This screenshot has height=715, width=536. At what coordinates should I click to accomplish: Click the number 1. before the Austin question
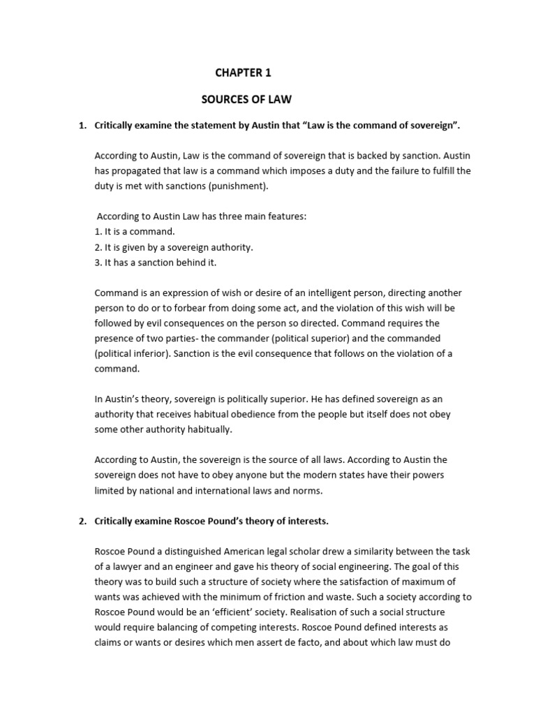(x=82, y=126)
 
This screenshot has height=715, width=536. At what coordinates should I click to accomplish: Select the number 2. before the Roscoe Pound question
(x=82, y=522)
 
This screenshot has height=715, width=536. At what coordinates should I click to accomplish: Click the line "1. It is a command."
(x=135, y=231)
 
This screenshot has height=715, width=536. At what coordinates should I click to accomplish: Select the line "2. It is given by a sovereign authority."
(x=174, y=247)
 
